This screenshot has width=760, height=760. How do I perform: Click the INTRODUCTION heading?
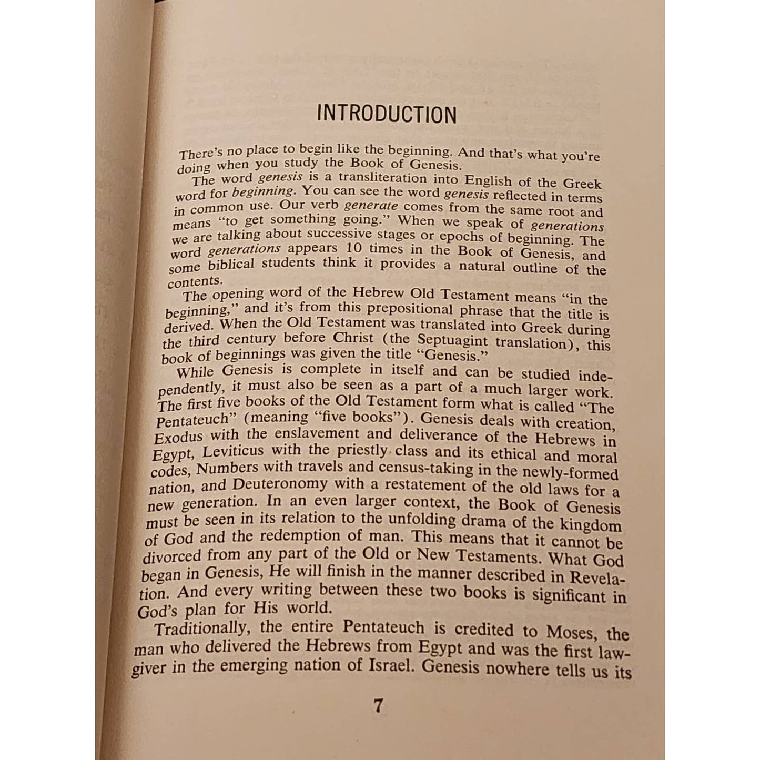click(387, 114)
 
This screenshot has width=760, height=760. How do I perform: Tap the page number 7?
click(378, 705)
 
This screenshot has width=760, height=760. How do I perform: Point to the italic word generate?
click(371, 206)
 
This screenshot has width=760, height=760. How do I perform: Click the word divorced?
click(172, 555)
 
